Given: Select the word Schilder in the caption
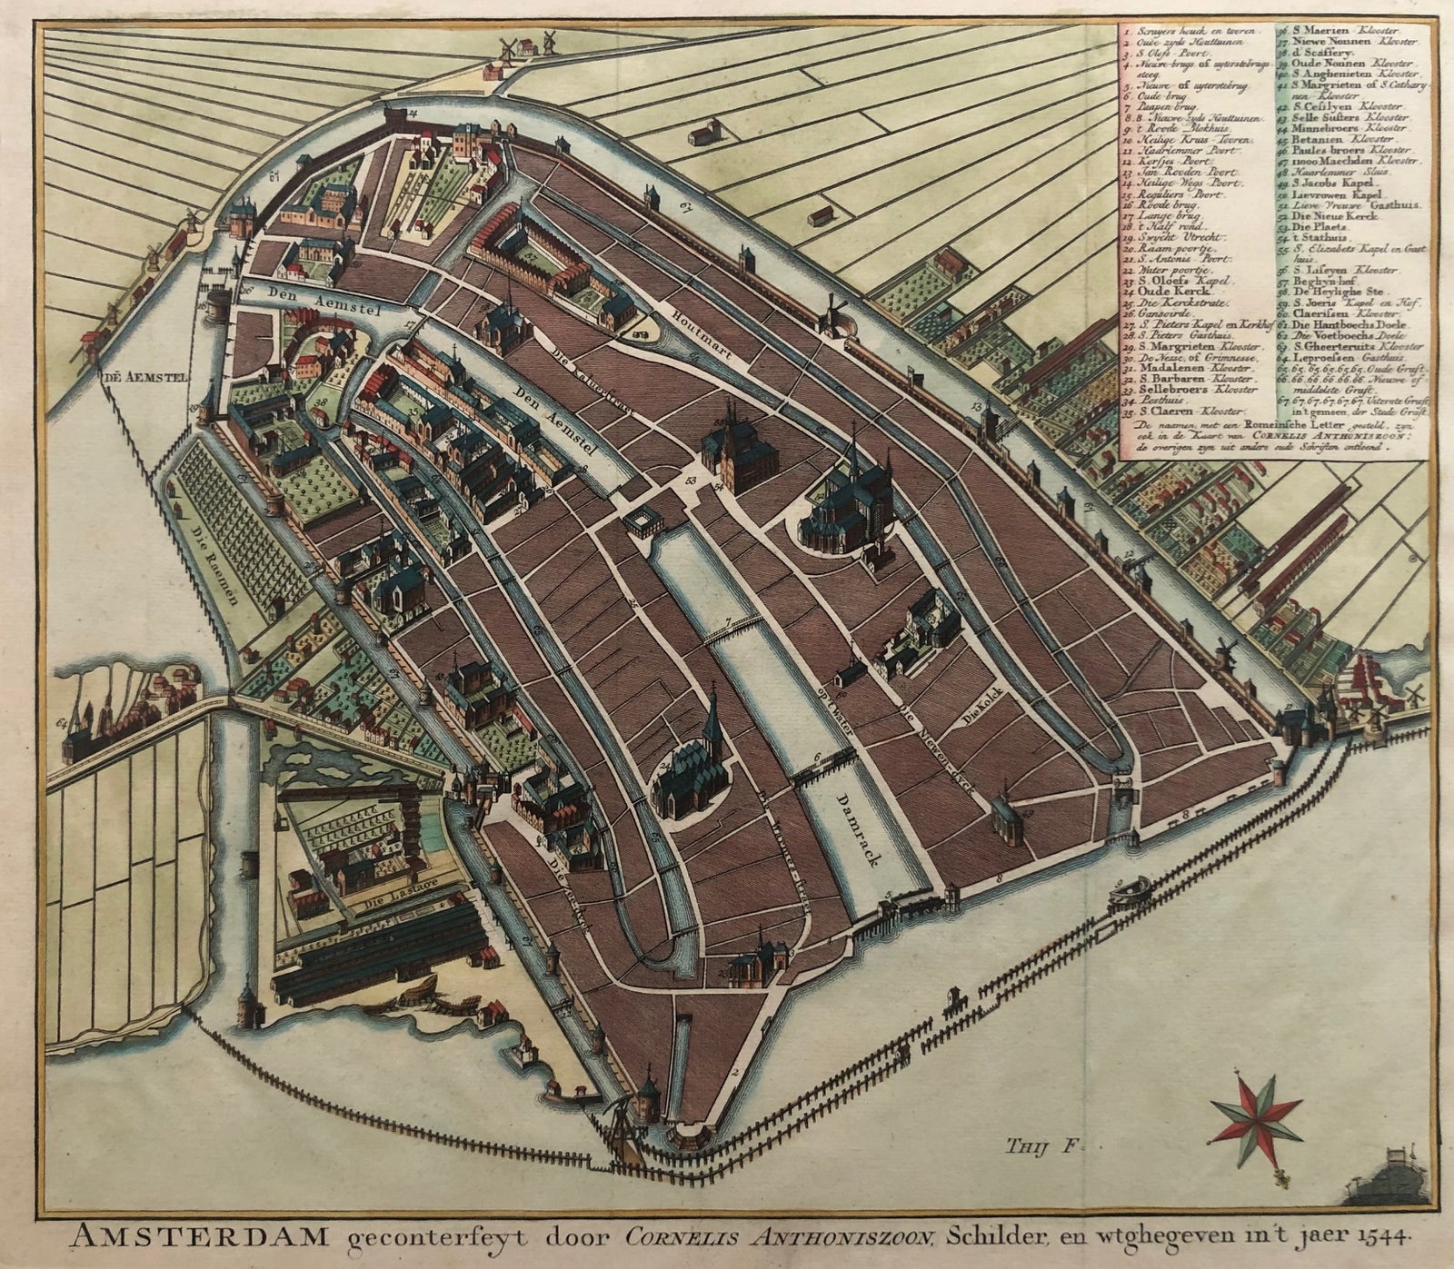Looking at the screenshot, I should tap(982, 1237).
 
